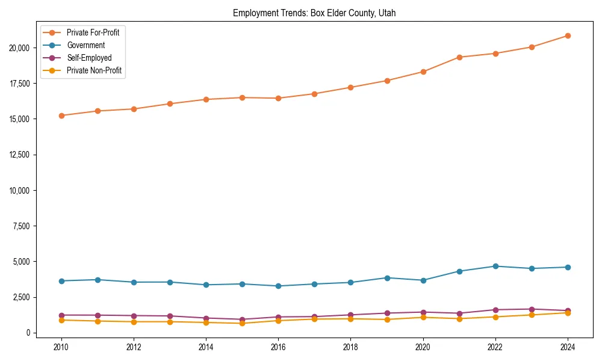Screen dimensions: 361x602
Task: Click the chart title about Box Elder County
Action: click(x=314, y=13)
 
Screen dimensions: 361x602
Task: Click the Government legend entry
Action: click(x=85, y=45)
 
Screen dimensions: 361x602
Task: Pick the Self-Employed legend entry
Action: click(x=89, y=58)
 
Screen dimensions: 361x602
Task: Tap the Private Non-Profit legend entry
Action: click(x=94, y=70)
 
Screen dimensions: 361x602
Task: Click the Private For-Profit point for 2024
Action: click(x=568, y=35)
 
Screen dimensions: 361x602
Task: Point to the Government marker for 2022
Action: click(x=495, y=266)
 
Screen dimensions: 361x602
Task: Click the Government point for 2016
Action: click(x=278, y=286)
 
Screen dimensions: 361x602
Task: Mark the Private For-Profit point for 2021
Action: click(x=459, y=57)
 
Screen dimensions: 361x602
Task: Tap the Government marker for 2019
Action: click(x=387, y=278)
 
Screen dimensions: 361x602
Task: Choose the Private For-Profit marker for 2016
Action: click(x=278, y=98)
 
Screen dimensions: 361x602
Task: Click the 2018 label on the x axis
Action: click(x=350, y=347)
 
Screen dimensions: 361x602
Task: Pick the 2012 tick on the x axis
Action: click(x=134, y=347)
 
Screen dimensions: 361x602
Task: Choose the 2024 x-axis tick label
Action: click(x=568, y=347)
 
